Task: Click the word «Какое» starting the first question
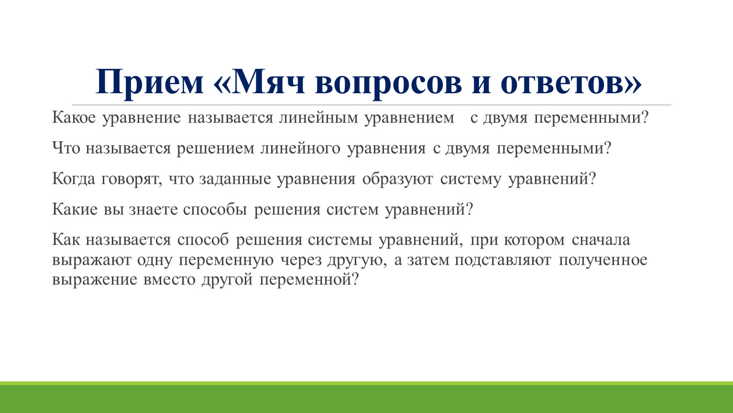74,118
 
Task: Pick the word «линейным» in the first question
318,118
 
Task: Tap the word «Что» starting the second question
66,148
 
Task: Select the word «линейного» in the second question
300,148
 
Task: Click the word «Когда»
73,179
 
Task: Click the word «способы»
215,210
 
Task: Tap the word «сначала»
601,240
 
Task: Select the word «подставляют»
503,261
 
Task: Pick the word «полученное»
603,261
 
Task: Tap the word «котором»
534,240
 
